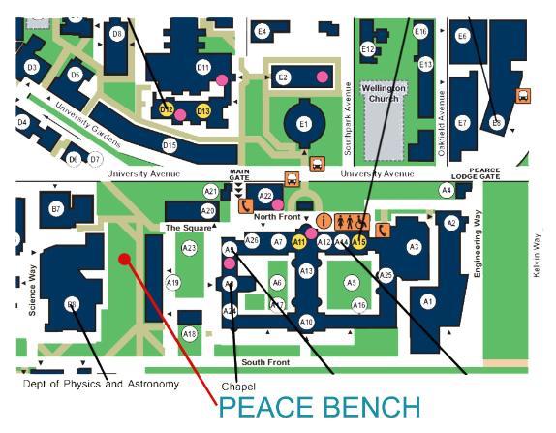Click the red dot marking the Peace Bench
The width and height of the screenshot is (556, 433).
pos(123,258)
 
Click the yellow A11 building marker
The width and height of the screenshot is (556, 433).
pos(299,241)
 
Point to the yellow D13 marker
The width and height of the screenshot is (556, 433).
pos(203,111)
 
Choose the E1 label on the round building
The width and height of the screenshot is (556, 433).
pos(303,124)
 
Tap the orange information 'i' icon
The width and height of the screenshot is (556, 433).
pos(324,221)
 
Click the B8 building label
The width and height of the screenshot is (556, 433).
pos(72,304)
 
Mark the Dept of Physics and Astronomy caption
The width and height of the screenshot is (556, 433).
pos(102,385)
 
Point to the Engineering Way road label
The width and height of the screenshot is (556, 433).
pos(478,249)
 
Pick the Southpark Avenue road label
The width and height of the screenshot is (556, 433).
pos(348,111)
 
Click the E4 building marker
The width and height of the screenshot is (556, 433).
pos(262,32)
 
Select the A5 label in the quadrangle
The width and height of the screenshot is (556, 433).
pos(353,282)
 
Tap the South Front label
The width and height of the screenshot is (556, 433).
pos(265,362)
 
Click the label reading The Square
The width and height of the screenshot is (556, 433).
pos(181,228)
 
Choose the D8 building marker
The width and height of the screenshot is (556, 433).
pos(117,34)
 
